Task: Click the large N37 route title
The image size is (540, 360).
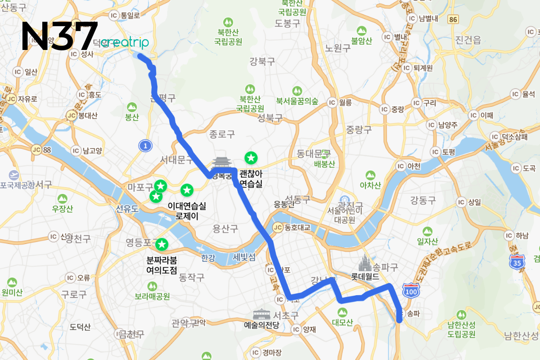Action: pyautogui.click(x=59, y=36)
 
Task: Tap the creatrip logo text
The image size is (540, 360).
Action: pyautogui.click(x=124, y=42)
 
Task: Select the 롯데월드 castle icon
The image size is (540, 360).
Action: pyautogui.click(x=365, y=261)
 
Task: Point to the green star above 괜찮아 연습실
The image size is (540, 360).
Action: pyautogui.click(x=251, y=158)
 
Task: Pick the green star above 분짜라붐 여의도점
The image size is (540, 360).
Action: pyautogui.click(x=162, y=245)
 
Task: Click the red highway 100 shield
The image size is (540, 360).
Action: pyautogui.click(x=410, y=290)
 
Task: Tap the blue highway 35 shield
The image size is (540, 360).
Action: pyautogui.click(x=517, y=261)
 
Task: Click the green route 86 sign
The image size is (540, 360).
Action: pyautogui.click(x=453, y=19)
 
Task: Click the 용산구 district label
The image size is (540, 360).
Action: pyautogui.click(x=225, y=229)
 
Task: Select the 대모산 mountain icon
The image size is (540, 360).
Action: pyautogui.click(x=342, y=312)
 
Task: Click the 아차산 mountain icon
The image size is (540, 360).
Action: pyautogui.click(x=370, y=175)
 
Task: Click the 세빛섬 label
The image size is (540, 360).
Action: pyautogui.click(x=244, y=257)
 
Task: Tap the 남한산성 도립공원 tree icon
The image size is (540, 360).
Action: pyautogui.click(x=461, y=315)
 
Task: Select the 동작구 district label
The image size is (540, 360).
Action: pyautogui.click(x=192, y=277)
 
